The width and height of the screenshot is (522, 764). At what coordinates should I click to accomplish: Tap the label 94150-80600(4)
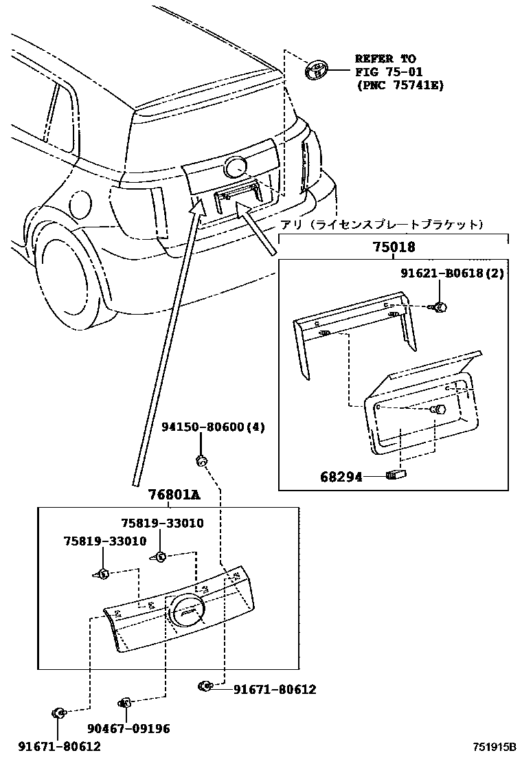point(213,427)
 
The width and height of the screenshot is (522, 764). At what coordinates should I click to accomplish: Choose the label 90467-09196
point(128,729)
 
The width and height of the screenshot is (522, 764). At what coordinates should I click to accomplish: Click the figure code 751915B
point(493,747)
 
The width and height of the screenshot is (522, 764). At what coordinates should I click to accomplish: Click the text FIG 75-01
point(389,72)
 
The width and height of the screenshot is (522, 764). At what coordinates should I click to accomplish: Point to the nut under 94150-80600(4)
point(201,460)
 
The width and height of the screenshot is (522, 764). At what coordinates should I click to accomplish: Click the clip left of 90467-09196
point(125,702)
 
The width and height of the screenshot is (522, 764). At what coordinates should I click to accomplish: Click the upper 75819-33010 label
point(162,524)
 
